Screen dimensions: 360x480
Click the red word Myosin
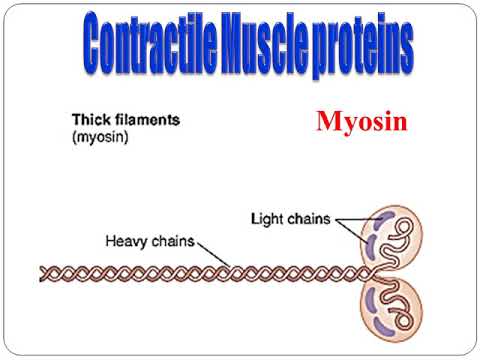pos(361,124)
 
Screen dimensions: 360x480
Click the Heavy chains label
pos(150,240)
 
